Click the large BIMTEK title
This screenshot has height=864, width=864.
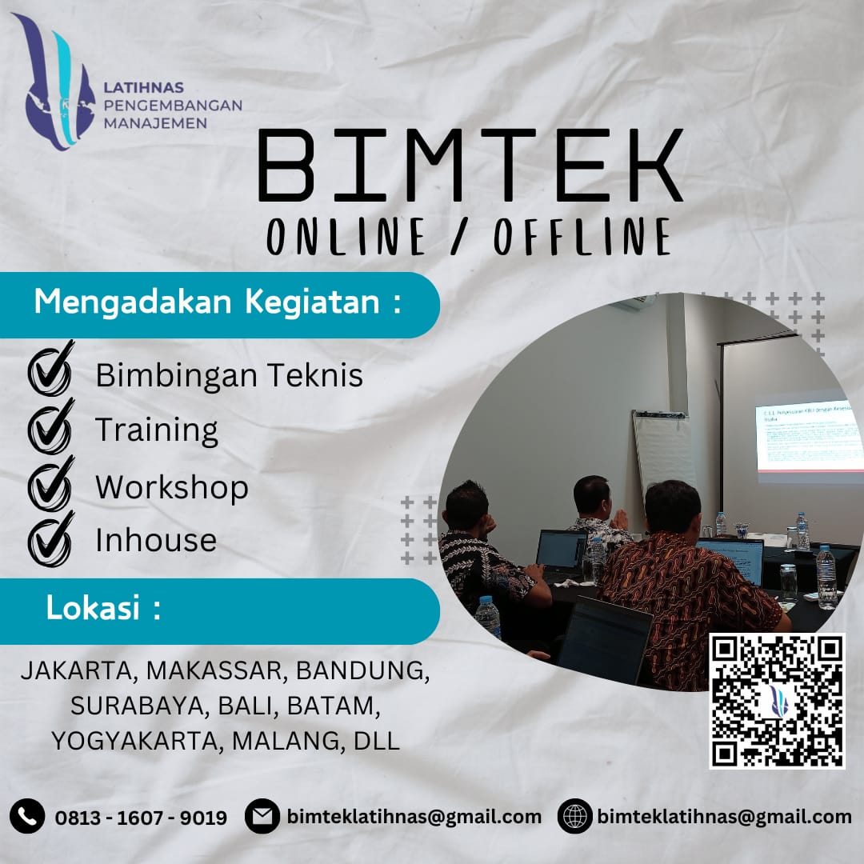point(470,167)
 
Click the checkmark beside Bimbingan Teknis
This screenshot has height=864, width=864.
point(50,371)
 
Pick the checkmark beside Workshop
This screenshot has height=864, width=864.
point(50,485)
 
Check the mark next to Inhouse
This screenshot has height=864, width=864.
point(50,539)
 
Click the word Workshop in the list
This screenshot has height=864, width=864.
point(172,487)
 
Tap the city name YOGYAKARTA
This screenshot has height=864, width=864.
point(135,741)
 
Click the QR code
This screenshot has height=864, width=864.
point(777,701)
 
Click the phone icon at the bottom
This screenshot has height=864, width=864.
point(27,816)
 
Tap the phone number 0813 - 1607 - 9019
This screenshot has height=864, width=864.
point(141,818)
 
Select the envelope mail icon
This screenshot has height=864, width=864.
point(262,816)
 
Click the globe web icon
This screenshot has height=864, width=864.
point(574,816)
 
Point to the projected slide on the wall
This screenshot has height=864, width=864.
point(808,436)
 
